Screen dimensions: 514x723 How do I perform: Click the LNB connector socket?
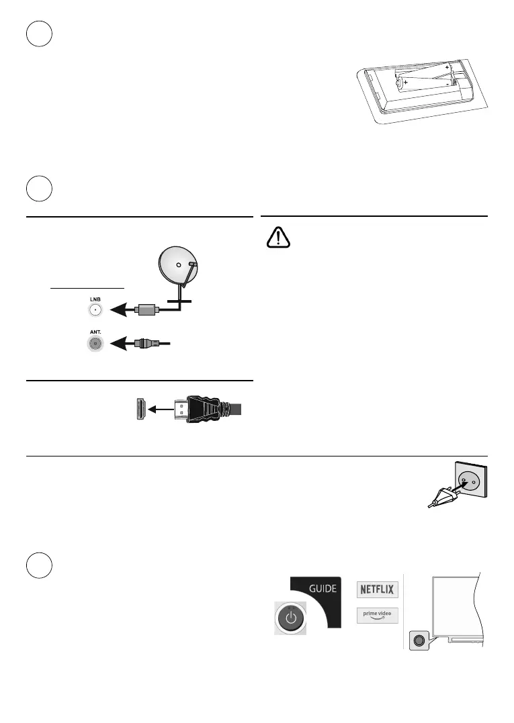[x=95, y=310]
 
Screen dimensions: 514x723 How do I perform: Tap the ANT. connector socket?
[x=95, y=342]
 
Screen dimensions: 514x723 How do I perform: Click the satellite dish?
[x=177, y=266]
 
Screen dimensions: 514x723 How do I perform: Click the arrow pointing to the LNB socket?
[x=122, y=310]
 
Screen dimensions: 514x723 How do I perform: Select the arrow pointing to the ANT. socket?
[x=122, y=342]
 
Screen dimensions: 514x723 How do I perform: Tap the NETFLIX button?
[x=377, y=589]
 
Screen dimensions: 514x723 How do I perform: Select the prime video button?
[x=377, y=616]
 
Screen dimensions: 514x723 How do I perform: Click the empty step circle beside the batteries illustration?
[x=40, y=34]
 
